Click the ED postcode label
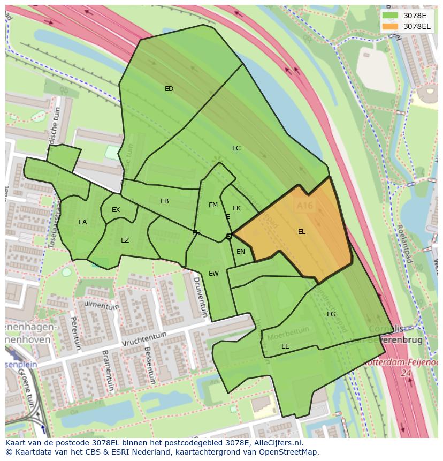[169, 89]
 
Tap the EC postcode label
[236, 148]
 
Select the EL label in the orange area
[302, 232]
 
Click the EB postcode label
[165, 201]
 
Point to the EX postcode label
[116, 210]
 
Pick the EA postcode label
[82, 222]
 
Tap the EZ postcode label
[125, 240]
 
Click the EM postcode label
[213, 205]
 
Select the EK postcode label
[236, 208]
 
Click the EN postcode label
[241, 252]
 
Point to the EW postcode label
[213, 274]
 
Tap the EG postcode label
[331, 314]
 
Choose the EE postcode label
[285, 346]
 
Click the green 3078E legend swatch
[391, 16]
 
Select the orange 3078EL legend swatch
[391, 26]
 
